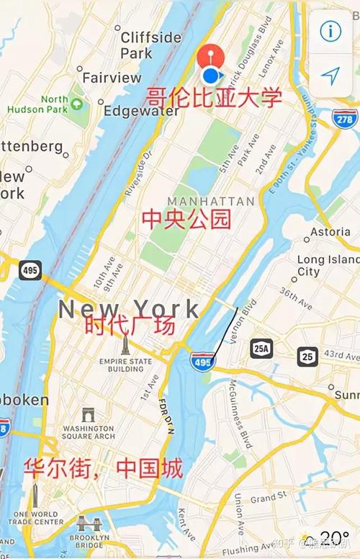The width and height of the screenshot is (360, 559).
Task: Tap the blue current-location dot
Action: click(210, 75)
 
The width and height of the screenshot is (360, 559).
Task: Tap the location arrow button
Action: click(330, 75)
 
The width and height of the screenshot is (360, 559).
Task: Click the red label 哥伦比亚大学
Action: click(214, 97)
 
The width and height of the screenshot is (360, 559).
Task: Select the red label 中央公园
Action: click(186, 218)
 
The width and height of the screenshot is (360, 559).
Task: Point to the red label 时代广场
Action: click(130, 326)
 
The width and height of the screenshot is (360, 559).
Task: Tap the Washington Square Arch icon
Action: click(88, 414)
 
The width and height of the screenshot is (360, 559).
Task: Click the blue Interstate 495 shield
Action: click(202, 361)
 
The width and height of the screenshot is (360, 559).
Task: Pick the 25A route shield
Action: click(261, 349)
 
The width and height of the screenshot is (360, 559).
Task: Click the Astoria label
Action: click(330, 232)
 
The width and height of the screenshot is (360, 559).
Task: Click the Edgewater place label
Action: click(140, 112)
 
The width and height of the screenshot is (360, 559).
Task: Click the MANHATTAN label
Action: click(210, 201)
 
